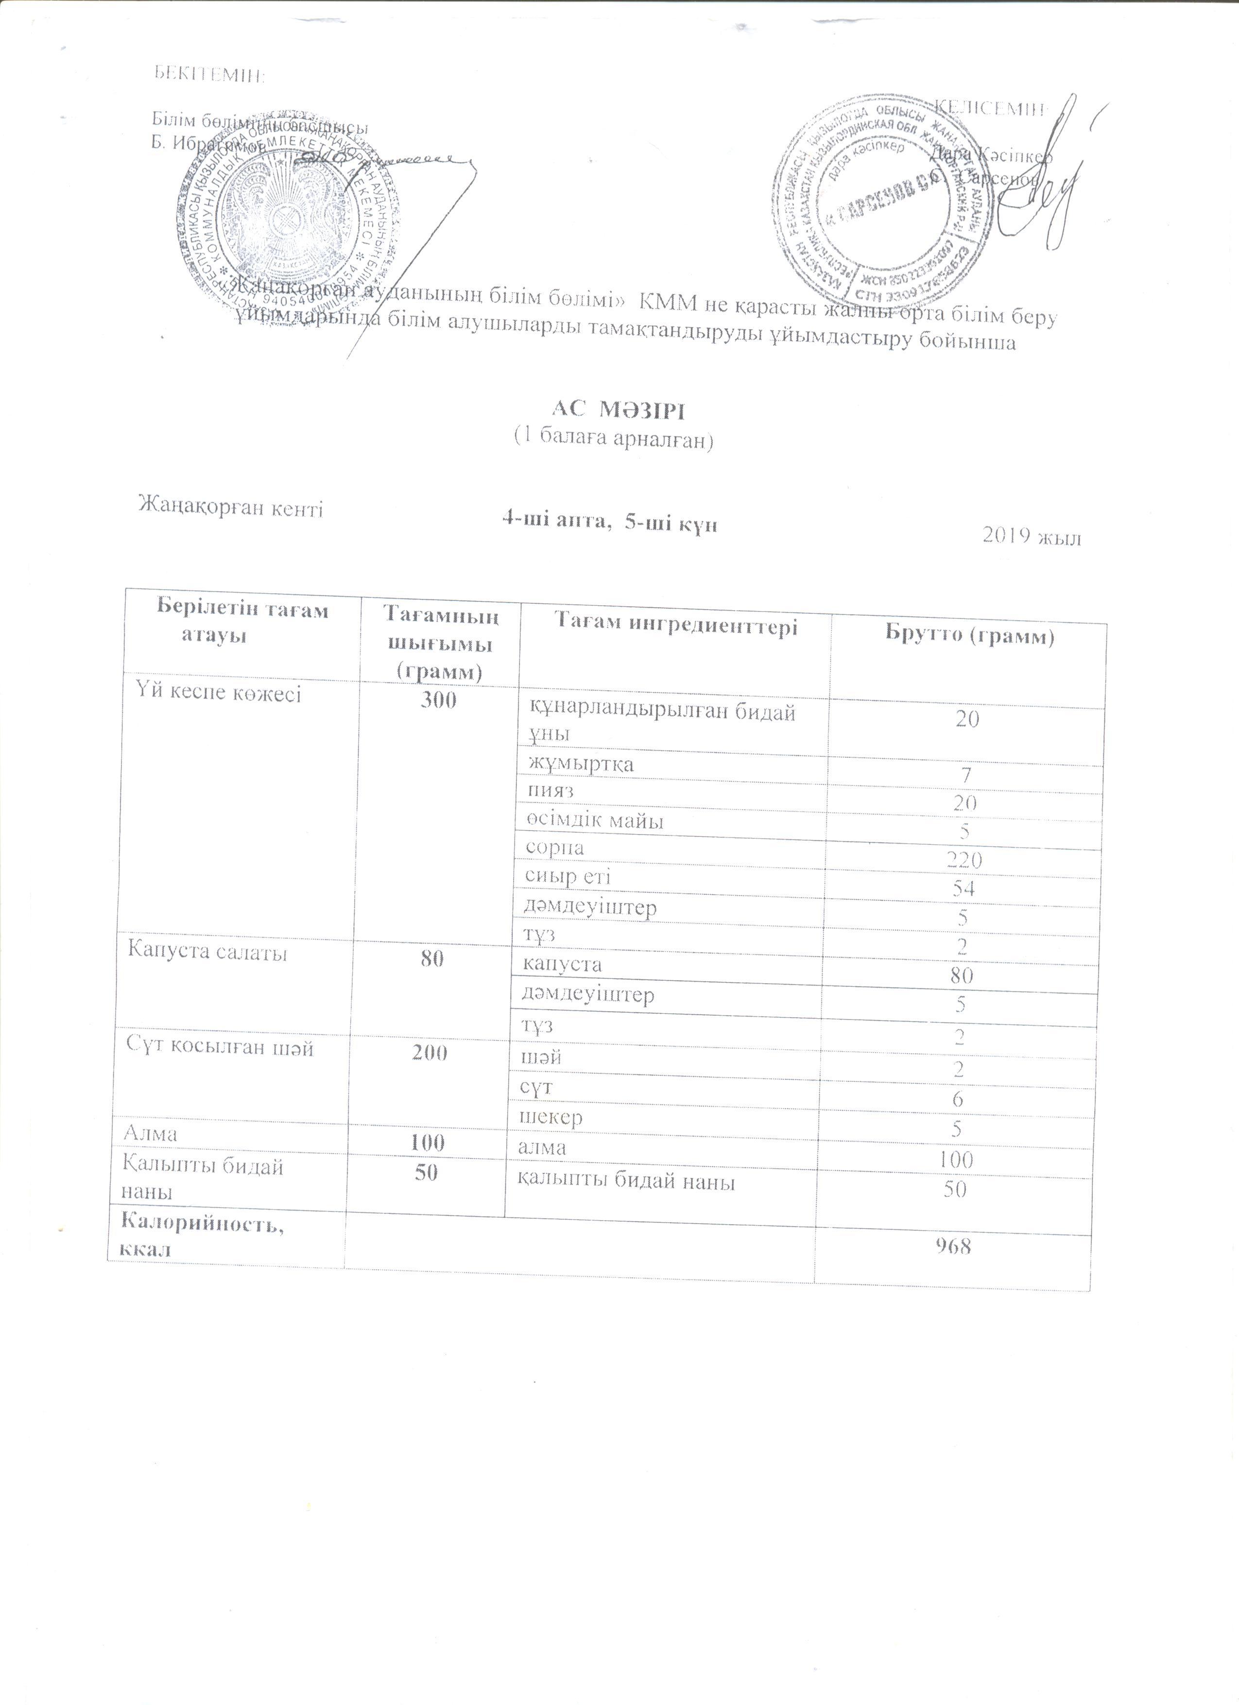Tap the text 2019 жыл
[x=1032, y=537]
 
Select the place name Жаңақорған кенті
[x=230, y=508]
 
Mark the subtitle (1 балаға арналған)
[x=612, y=439]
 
